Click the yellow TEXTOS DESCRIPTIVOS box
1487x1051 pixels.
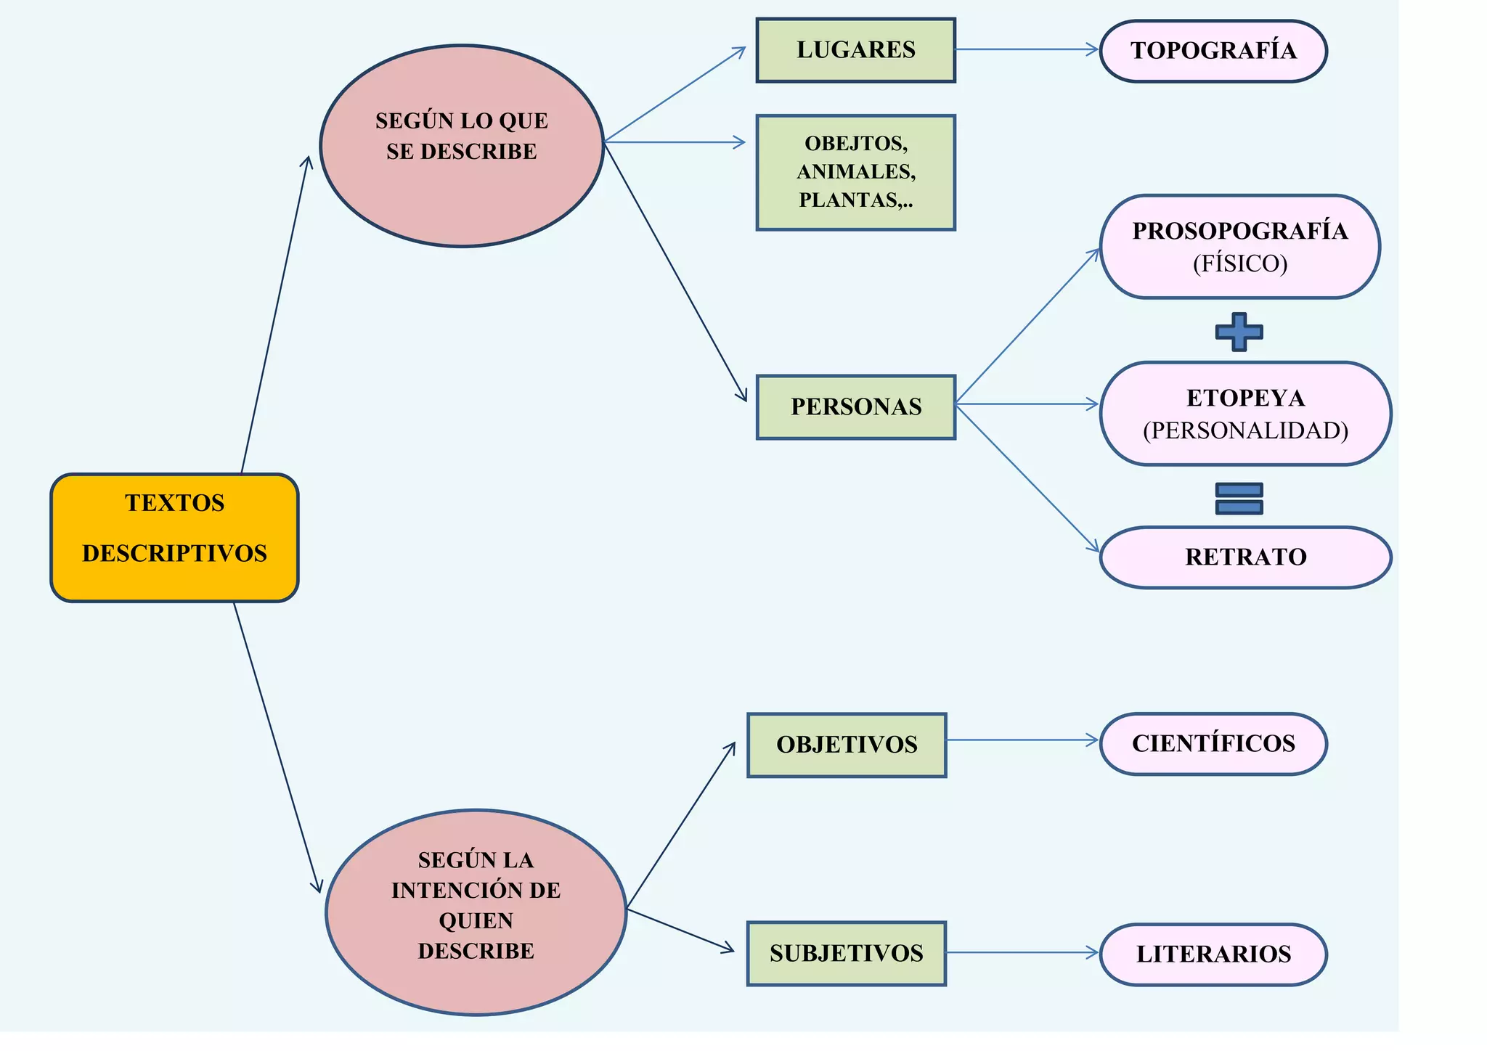[x=174, y=538]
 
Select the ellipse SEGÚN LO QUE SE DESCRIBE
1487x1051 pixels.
[x=462, y=146]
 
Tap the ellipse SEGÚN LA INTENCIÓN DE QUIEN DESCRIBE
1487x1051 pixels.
[x=476, y=912]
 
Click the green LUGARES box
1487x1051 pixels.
[x=855, y=50]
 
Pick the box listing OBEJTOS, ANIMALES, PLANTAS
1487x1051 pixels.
[x=855, y=173]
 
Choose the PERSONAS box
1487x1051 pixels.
[x=855, y=407]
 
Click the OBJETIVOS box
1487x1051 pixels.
[x=847, y=745]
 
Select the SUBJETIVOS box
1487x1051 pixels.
[x=847, y=954]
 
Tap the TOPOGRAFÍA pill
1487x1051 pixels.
[x=1213, y=51]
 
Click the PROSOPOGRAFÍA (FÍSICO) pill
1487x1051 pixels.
[x=1239, y=247]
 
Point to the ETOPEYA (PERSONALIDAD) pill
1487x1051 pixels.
[x=1245, y=414]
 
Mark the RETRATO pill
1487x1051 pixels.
[x=1245, y=557]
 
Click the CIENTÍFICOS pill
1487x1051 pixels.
[x=1213, y=744]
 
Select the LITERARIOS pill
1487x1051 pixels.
[x=1213, y=954]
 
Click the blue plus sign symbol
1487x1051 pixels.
[x=1239, y=332]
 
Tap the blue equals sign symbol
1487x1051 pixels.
[x=1239, y=499]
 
